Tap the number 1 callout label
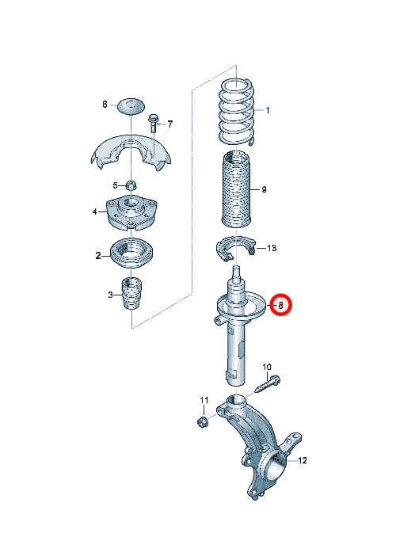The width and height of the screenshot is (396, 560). pos(268,110)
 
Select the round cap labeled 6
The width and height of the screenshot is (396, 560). pos(131,105)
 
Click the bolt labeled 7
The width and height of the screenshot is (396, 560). pos(154,123)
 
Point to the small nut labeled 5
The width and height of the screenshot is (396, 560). pos(131,185)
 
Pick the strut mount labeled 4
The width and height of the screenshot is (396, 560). pos(131,212)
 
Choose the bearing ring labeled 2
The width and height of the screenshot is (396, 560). pos(131,253)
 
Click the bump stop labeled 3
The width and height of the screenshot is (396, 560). pos(132,294)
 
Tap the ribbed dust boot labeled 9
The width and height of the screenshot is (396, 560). pos(236,189)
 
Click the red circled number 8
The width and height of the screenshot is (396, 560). pos(280,306)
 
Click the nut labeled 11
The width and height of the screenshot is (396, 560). pos(203,421)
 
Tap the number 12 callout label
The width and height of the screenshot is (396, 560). pos(302,461)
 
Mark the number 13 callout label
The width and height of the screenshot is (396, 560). pos(272,248)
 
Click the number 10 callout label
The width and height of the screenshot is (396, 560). pos(267,367)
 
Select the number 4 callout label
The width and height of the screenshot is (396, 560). pos(94,211)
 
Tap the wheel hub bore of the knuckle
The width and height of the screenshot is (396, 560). pos(276,465)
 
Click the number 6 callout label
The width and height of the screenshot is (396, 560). pos(105,105)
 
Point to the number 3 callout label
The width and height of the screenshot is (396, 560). pos(110,295)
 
